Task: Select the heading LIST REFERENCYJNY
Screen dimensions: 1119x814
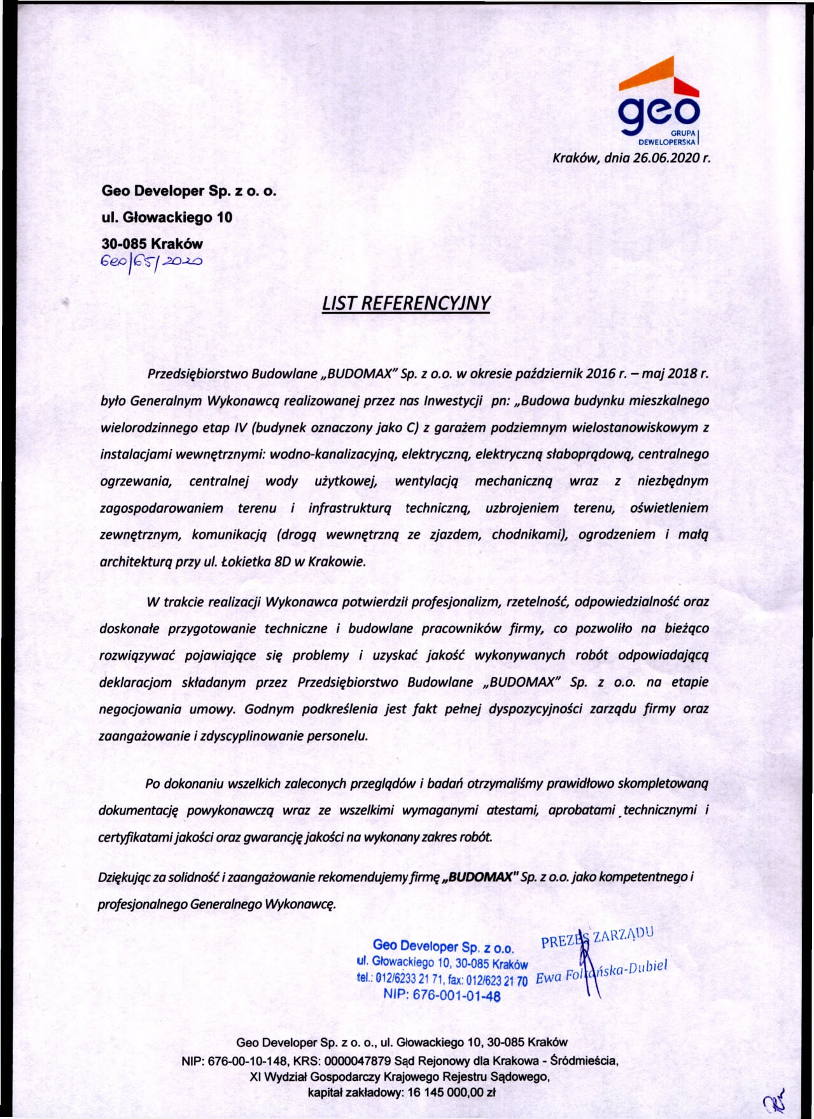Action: click(406, 303)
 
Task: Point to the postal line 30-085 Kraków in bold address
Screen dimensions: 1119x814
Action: click(152, 244)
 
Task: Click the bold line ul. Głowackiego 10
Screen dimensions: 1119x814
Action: click(167, 217)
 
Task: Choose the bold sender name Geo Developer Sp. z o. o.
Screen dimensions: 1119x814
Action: click(189, 190)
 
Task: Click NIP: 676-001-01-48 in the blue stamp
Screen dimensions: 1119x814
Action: click(442, 996)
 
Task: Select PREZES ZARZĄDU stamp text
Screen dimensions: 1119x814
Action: click(596, 937)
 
